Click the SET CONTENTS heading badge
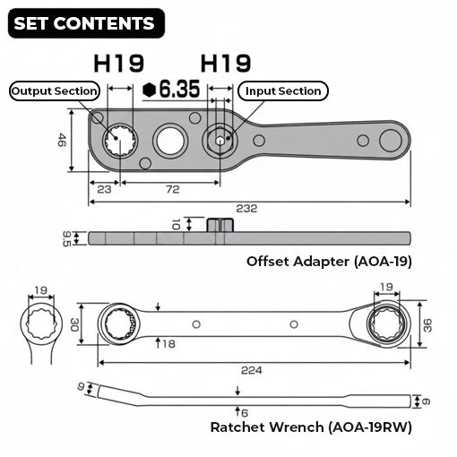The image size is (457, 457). point(85,23)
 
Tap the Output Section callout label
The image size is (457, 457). point(54,91)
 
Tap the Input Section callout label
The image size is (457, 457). point(282,91)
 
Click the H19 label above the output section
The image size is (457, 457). point(119,63)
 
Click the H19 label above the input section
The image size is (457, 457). point(225,63)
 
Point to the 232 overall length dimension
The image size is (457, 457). point(247,208)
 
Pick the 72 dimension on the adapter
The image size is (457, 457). point(172,189)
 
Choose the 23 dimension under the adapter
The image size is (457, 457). point(104,189)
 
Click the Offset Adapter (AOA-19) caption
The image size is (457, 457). point(329,262)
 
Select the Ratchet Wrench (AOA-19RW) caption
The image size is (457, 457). point(311,427)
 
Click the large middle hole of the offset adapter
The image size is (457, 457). point(168,140)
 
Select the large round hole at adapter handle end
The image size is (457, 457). point(390,140)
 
